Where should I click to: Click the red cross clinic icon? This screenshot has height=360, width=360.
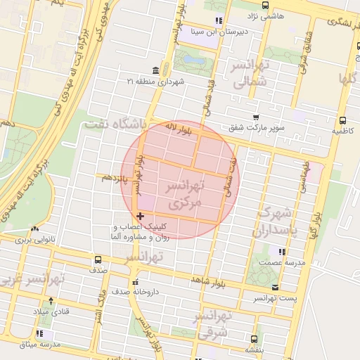tap(141, 216)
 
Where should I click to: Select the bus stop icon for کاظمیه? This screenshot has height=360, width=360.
tap(342, 120)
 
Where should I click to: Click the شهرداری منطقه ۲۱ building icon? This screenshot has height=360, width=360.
tap(155, 70)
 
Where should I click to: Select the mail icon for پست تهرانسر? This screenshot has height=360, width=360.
tap(274, 287)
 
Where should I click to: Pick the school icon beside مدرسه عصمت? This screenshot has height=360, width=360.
tap(282, 251)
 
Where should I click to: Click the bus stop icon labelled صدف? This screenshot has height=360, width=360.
tap(113, 259)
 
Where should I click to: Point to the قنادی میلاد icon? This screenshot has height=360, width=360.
tap(40, 309)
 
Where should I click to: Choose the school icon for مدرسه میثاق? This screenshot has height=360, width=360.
tap(40, 333)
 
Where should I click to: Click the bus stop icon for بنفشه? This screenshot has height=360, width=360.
tap(249, 337)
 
